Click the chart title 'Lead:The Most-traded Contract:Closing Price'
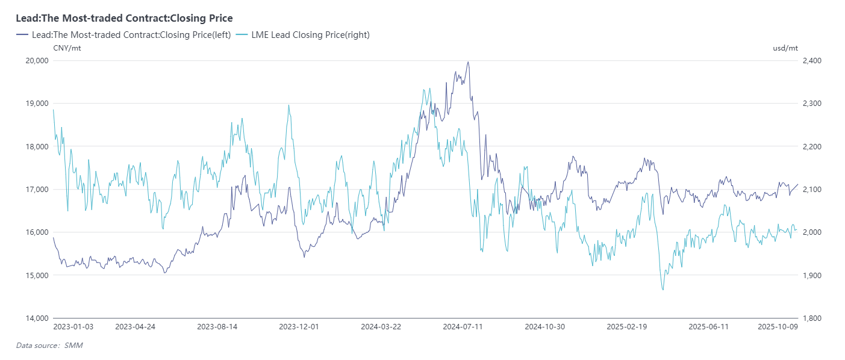124,19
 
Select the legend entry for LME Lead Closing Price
310,35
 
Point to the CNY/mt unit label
67,48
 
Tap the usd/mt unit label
785,48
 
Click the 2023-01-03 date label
73,327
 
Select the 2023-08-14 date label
217,327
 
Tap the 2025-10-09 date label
778,327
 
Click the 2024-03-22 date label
381,327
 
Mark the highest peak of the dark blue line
468,62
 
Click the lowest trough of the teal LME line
663,290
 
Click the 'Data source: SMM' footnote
49,346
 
